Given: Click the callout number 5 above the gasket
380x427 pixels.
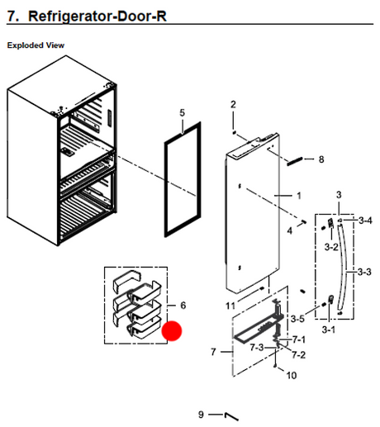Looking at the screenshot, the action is (183, 112).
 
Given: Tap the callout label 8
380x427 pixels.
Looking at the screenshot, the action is (321, 159).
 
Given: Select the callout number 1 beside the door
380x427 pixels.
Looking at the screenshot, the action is (299, 196).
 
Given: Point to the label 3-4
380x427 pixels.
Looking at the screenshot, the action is (365, 221).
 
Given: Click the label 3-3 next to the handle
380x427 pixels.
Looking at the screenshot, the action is (364, 272).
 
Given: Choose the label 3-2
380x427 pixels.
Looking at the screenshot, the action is (331, 247).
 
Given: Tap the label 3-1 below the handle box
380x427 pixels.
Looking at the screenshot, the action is (329, 330).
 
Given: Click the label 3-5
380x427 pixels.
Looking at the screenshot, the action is (297, 319).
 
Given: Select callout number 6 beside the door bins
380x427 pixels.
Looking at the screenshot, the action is (183, 306).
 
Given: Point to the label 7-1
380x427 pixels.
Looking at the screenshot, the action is (299, 339).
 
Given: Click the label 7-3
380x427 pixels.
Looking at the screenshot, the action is (257, 348).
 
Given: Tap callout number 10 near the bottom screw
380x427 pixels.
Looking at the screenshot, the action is (292, 375).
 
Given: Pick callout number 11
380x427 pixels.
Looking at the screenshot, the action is (230, 306).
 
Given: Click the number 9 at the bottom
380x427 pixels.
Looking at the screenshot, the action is (202, 415).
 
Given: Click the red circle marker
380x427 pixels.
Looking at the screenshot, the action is (172, 330).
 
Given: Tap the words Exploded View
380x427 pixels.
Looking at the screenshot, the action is (36, 45).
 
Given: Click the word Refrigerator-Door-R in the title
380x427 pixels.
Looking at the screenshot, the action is (97, 17).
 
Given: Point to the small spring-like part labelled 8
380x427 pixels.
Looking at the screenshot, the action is (295, 161).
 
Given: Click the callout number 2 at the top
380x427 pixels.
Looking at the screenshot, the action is (233, 104).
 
